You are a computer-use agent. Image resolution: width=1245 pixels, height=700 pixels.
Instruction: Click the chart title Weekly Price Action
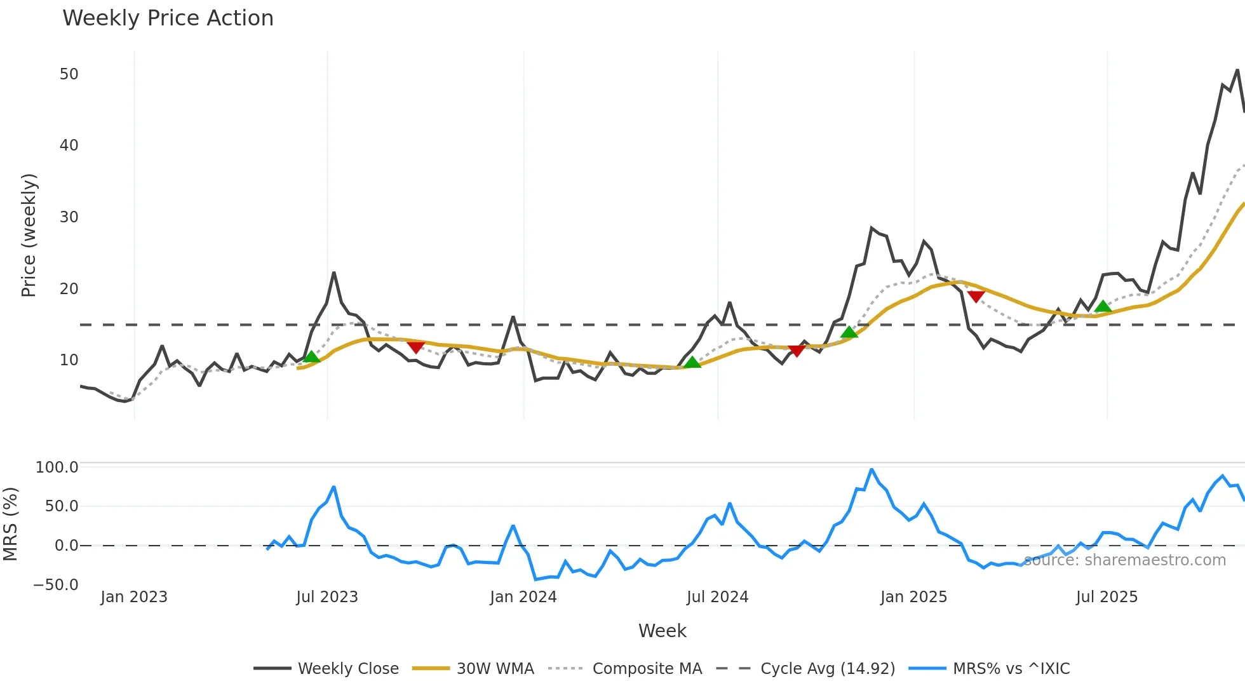click(168, 18)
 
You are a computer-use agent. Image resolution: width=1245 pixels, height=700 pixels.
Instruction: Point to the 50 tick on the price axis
click(69, 74)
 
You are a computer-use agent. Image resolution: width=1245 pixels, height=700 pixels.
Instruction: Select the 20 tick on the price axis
click(69, 289)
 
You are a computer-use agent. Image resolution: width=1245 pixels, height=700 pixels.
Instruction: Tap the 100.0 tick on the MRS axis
click(57, 468)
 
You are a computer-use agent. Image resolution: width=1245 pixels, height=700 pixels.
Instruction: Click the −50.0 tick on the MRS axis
click(56, 585)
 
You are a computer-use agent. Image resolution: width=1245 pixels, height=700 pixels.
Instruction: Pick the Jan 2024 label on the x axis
click(523, 597)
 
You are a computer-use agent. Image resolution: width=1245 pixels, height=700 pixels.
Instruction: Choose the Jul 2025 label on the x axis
click(1107, 597)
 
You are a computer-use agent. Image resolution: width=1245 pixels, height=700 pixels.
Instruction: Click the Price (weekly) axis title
click(29, 235)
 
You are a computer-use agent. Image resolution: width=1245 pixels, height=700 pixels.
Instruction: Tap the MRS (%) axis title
click(10, 524)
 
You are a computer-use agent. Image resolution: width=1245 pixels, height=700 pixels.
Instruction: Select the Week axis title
click(662, 631)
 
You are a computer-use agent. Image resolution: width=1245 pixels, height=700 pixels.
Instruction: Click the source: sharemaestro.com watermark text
click(1124, 560)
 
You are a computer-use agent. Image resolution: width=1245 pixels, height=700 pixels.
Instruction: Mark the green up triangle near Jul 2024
click(692, 362)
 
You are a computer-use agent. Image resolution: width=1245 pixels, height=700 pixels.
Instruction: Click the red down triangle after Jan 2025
click(976, 297)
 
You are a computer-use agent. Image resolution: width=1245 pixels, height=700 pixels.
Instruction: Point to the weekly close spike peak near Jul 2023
click(334, 273)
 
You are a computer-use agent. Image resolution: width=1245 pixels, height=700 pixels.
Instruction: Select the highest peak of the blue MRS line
click(871, 469)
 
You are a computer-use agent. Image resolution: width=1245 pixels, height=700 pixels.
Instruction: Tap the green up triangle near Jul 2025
click(1103, 307)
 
